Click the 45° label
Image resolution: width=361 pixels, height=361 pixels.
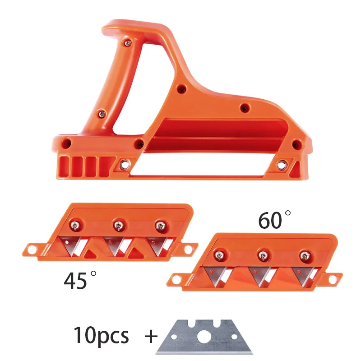(80, 280)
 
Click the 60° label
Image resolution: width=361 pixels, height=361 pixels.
(274, 220)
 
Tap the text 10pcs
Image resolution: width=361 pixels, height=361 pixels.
(101, 335)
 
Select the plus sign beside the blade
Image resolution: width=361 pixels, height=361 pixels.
(151, 336)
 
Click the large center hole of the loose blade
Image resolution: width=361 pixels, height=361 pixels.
(204, 337)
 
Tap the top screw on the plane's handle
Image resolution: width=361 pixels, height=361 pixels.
(128, 42)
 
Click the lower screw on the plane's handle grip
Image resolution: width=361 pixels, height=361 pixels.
(102, 114)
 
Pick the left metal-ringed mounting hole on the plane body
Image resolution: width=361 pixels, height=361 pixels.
(125, 164)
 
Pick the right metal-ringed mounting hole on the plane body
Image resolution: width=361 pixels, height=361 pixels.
(282, 165)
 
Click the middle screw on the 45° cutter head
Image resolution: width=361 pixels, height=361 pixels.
(118, 225)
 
